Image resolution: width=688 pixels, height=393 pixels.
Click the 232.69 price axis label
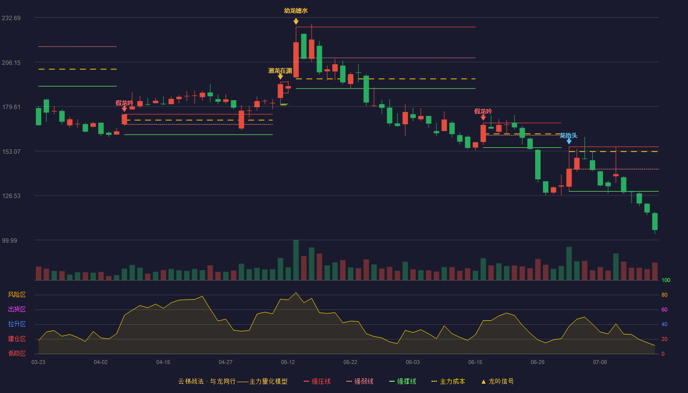coord(11,18)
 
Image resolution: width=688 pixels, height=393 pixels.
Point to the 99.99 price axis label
coord(9,240)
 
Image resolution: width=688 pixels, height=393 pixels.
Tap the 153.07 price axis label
coord(11,152)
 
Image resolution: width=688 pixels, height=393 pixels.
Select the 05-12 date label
coord(288,363)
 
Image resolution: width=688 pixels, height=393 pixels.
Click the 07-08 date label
coord(600,363)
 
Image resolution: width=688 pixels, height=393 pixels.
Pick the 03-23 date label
coord(38,363)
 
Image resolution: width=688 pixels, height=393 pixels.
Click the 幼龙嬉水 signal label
coord(296,11)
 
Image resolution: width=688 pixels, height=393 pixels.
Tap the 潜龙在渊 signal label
coord(280,71)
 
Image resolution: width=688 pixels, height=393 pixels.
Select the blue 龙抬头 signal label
coord(569,136)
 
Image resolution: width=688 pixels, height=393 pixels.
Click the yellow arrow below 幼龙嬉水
coord(296,22)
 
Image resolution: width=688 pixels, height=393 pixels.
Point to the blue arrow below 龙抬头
coord(569,141)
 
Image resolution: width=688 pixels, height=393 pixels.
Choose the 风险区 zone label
coord(17,295)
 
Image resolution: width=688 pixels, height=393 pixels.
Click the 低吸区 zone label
coord(17,354)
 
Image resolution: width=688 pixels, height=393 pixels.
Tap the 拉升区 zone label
coord(17,324)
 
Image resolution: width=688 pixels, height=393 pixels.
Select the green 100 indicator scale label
coord(666,280)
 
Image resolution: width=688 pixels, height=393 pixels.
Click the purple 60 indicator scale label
coord(664,309)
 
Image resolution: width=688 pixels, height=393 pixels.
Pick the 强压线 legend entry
coord(317,381)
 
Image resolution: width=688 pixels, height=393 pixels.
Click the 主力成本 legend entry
coord(448,381)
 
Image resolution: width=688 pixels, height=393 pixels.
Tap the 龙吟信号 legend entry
coord(497,381)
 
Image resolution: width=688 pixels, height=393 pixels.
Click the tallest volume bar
coord(296,260)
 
